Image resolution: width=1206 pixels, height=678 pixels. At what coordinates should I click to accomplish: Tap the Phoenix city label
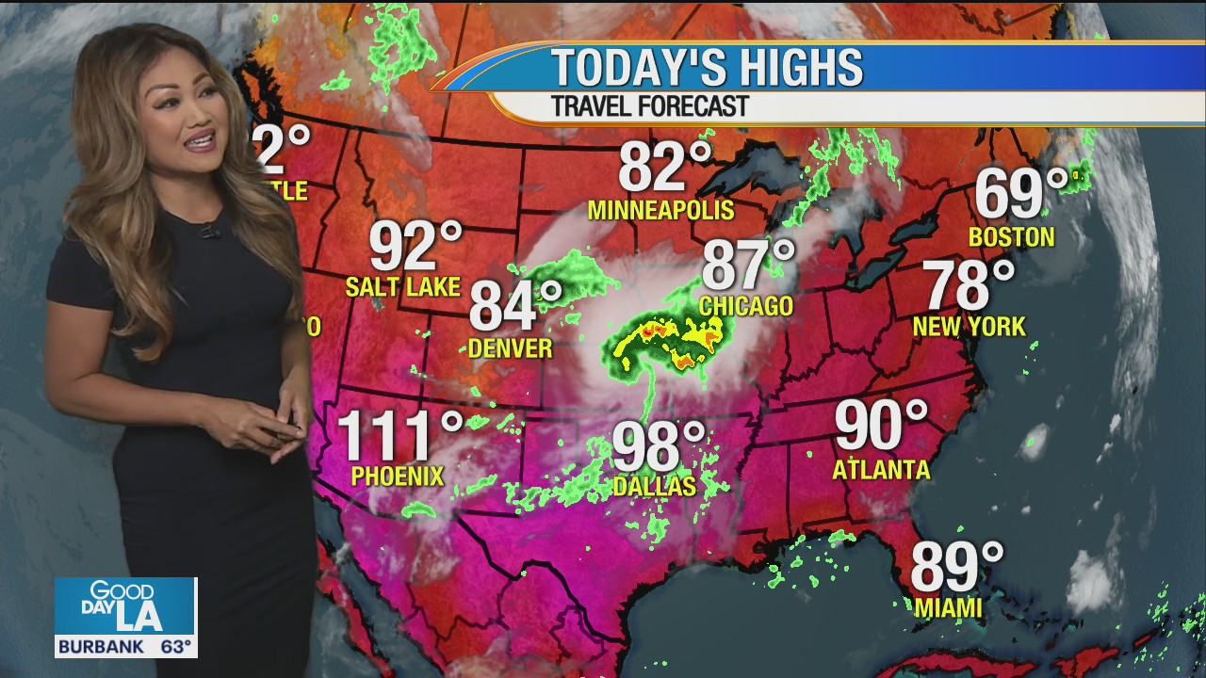pyautogui.click(x=397, y=476)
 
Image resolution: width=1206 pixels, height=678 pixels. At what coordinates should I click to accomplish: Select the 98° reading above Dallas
pyautogui.click(x=658, y=446)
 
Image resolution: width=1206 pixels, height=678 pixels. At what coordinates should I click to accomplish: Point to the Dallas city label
pyautogui.click(x=654, y=486)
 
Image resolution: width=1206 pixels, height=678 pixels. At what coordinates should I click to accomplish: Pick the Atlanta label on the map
pyautogui.click(x=881, y=469)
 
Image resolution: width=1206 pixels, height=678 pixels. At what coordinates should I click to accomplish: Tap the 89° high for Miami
pyautogui.click(x=956, y=567)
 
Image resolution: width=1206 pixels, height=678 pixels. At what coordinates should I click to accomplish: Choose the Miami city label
pyautogui.click(x=948, y=608)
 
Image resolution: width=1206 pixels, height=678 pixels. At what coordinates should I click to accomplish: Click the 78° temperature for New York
pyautogui.click(x=968, y=285)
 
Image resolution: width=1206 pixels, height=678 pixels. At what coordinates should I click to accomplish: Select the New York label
pyautogui.click(x=969, y=327)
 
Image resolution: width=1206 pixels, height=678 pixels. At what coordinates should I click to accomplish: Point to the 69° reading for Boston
pyautogui.click(x=1020, y=194)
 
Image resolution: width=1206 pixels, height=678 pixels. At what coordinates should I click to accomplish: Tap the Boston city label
pyautogui.click(x=1011, y=236)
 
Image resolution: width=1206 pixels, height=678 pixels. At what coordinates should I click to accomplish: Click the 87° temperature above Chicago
pyautogui.click(x=747, y=266)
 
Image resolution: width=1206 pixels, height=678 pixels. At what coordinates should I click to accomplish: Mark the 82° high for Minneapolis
pyautogui.click(x=664, y=168)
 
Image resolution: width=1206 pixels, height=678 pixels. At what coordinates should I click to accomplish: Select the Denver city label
pyautogui.click(x=510, y=348)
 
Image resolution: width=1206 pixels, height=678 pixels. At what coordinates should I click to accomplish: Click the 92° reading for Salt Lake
pyautogui.click(x=415, y=246)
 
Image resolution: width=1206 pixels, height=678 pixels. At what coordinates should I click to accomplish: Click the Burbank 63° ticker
pyautogui.click(x=125, y=647)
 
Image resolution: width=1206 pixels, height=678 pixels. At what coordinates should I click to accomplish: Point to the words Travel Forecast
pyautogui.click(x=649, y=106)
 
